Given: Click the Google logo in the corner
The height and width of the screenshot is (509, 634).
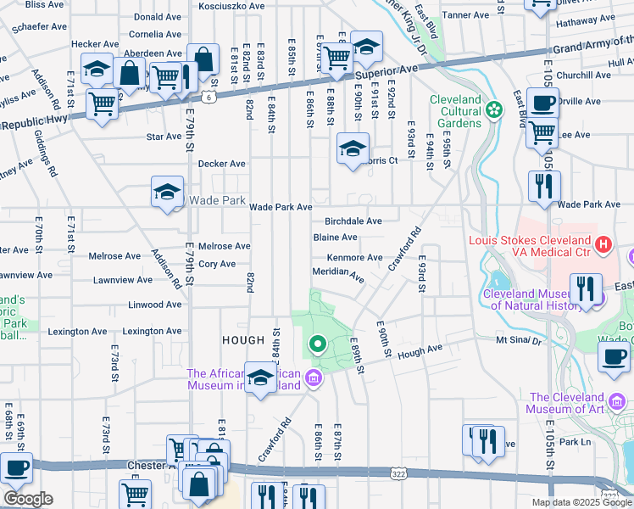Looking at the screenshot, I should (28, 499).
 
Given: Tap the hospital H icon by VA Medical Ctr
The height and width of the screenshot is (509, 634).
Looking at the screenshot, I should (603, 245).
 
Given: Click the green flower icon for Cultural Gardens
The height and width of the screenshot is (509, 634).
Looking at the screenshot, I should (494, 109).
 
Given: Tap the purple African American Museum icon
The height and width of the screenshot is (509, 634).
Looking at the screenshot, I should (314, 378).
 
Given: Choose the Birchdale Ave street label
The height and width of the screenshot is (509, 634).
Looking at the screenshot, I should (353, 221).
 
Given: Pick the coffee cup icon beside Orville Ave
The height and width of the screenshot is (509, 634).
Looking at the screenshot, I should (542, 103).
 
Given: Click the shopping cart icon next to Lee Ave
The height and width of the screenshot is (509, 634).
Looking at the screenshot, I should (542, 132).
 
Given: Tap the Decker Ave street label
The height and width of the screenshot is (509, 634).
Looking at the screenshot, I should (221, 164).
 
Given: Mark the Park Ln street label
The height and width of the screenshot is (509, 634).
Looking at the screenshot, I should (574, 442).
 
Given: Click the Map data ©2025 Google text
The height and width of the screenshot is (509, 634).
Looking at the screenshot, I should (581, 502).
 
